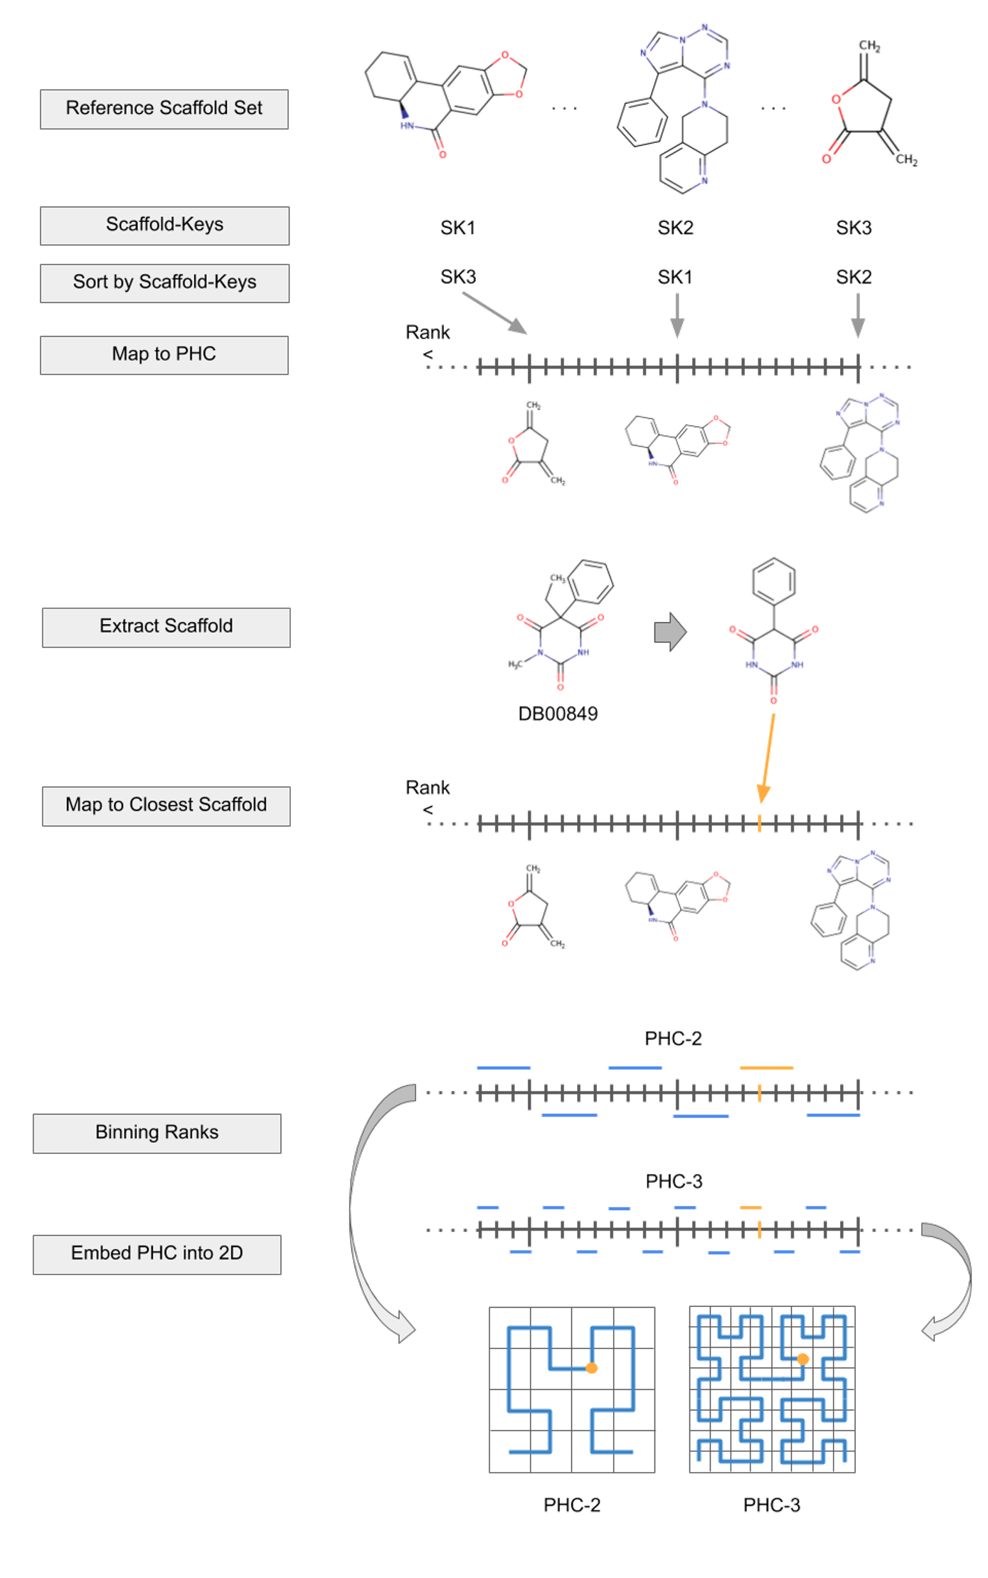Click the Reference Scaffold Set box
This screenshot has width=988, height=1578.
click(164, 109)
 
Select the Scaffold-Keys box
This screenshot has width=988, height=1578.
click(165, 225)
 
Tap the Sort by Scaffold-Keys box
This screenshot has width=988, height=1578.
click(165, 283)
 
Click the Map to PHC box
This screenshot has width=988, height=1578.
click(164, 354)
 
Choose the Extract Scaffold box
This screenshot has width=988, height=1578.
click(166, 627)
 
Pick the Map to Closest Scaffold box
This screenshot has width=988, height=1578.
click(166, 805)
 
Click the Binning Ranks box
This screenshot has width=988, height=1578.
click(157, 1133)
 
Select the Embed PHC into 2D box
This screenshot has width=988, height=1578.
click(157, 1254)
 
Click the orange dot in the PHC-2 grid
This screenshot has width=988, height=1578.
click(591, 1368)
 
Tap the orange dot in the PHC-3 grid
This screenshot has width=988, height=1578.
click(803, 1359)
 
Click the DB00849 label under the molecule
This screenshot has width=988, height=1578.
click(558, 713)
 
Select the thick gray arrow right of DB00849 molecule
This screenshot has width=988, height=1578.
click(670, 632)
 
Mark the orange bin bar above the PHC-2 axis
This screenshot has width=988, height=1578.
click(767, 1068)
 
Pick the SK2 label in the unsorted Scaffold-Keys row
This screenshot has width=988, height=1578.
click(675, 228)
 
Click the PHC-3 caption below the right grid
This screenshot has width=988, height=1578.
click(772, 1505)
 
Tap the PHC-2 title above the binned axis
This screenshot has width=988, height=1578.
click(673, 1039)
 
